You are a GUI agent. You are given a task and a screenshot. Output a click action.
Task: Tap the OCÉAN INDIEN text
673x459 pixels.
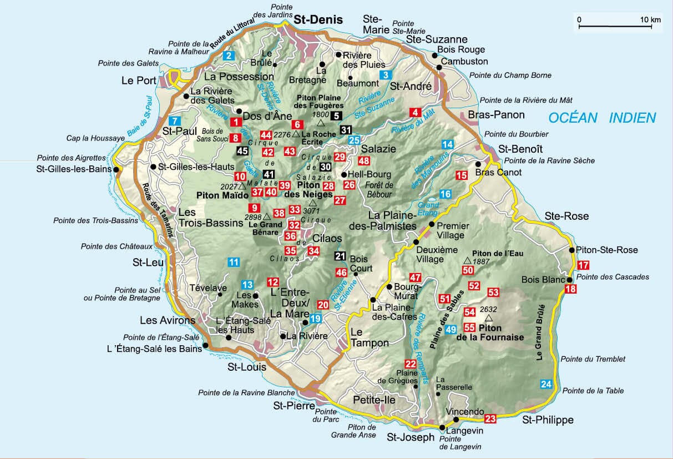pyautogui.click(x=602, y=118)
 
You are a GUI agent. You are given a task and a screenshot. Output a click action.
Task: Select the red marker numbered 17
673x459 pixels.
pyautogui.click(x=583, y=265)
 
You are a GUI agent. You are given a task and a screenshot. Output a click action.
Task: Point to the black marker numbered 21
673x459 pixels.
pyautogui.click(x=340, y=256)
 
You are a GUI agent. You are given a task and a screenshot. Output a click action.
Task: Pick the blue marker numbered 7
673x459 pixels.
pyautogui.click(x=175, y=121)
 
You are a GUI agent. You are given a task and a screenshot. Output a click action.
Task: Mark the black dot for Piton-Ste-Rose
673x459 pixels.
pyautogui.click(x=572, y=250)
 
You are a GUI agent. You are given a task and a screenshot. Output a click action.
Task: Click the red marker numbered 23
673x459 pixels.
pyautogui.click(x=490, y=418)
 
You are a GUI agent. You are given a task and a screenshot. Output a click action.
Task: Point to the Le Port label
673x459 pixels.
pyautogui.click(x=139, y=80)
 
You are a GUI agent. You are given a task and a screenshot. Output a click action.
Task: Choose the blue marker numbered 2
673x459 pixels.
pyautogui.click(x=229, y=55)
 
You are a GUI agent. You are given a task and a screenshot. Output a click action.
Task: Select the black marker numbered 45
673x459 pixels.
pyautogui.click(x=242, y=150)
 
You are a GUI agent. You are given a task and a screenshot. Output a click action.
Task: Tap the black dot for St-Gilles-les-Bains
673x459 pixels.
pyautogui.click(x=116, y=170)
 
